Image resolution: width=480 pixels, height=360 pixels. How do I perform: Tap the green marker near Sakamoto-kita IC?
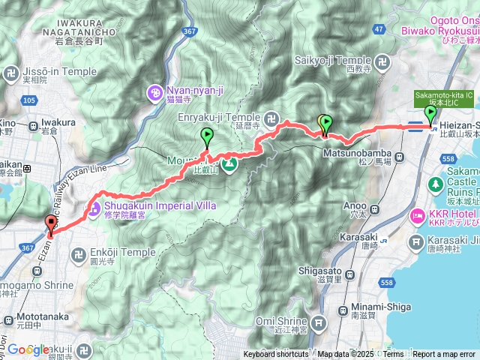(430, 114)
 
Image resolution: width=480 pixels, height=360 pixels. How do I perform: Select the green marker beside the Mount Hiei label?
(206, 136)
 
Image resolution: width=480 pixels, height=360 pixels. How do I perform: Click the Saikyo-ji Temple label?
(337, 60)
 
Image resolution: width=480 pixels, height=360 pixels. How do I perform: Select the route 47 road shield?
(378, 28)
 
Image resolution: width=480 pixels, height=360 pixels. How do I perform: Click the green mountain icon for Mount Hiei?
(229, 163)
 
